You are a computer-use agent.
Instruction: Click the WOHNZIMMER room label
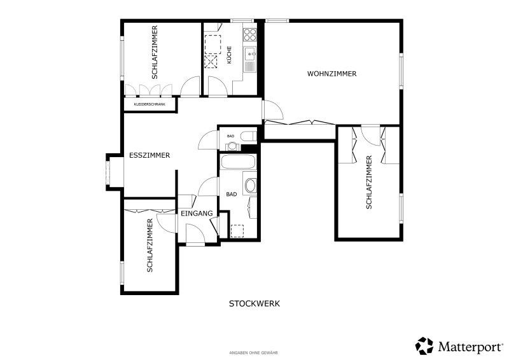(331, 74)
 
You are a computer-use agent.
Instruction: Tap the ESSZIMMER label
(150, 155)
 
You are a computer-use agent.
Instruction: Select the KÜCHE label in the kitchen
(229, 55)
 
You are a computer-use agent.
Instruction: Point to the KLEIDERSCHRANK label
(150, 104)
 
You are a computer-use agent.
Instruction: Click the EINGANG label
(197, 213)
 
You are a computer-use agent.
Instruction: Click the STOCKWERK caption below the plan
(254, 304)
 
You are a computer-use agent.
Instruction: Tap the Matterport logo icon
(424, 346)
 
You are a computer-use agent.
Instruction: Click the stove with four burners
(250, 35)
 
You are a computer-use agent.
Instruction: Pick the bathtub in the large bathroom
(238, 162)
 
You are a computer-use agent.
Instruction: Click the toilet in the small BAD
(248, 136)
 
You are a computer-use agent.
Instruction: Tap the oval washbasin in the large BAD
(251, 186)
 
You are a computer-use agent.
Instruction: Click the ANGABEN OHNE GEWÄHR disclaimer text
(253, 352)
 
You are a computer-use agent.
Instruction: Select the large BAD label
(232, 195)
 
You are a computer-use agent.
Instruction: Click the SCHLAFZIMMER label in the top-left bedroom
(155, 52)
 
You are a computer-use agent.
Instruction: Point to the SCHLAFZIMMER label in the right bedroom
(369, 182)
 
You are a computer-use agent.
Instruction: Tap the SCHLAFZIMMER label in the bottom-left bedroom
(150, 246)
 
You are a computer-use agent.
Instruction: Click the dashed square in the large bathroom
(237, 231)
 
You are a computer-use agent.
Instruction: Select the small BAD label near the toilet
(230, 136)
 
